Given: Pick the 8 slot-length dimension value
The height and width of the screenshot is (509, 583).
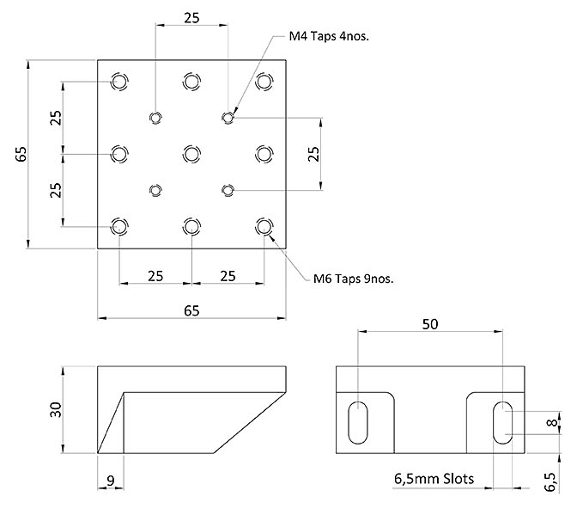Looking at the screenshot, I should point(553,423).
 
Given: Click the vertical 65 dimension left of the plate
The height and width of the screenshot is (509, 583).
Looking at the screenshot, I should point(21,155).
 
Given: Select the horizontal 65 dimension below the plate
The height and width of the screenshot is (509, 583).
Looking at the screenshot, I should point(191,310).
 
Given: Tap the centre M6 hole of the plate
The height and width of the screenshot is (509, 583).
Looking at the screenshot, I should point(191,153).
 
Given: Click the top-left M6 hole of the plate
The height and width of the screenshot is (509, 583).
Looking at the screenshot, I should point(119,82).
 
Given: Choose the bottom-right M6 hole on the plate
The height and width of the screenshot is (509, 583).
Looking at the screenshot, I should point(264,226).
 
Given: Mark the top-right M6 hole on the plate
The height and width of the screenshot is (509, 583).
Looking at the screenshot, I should point(264,81).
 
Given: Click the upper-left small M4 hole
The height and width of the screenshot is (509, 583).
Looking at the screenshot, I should point(155,118).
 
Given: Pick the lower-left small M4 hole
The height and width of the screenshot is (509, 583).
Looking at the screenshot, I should point(155,189).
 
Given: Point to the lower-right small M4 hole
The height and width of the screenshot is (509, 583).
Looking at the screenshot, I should point(228,189).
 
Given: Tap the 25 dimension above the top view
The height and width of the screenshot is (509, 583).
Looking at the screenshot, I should point(191,18).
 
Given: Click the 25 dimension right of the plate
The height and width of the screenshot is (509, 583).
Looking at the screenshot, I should point(313,153).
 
